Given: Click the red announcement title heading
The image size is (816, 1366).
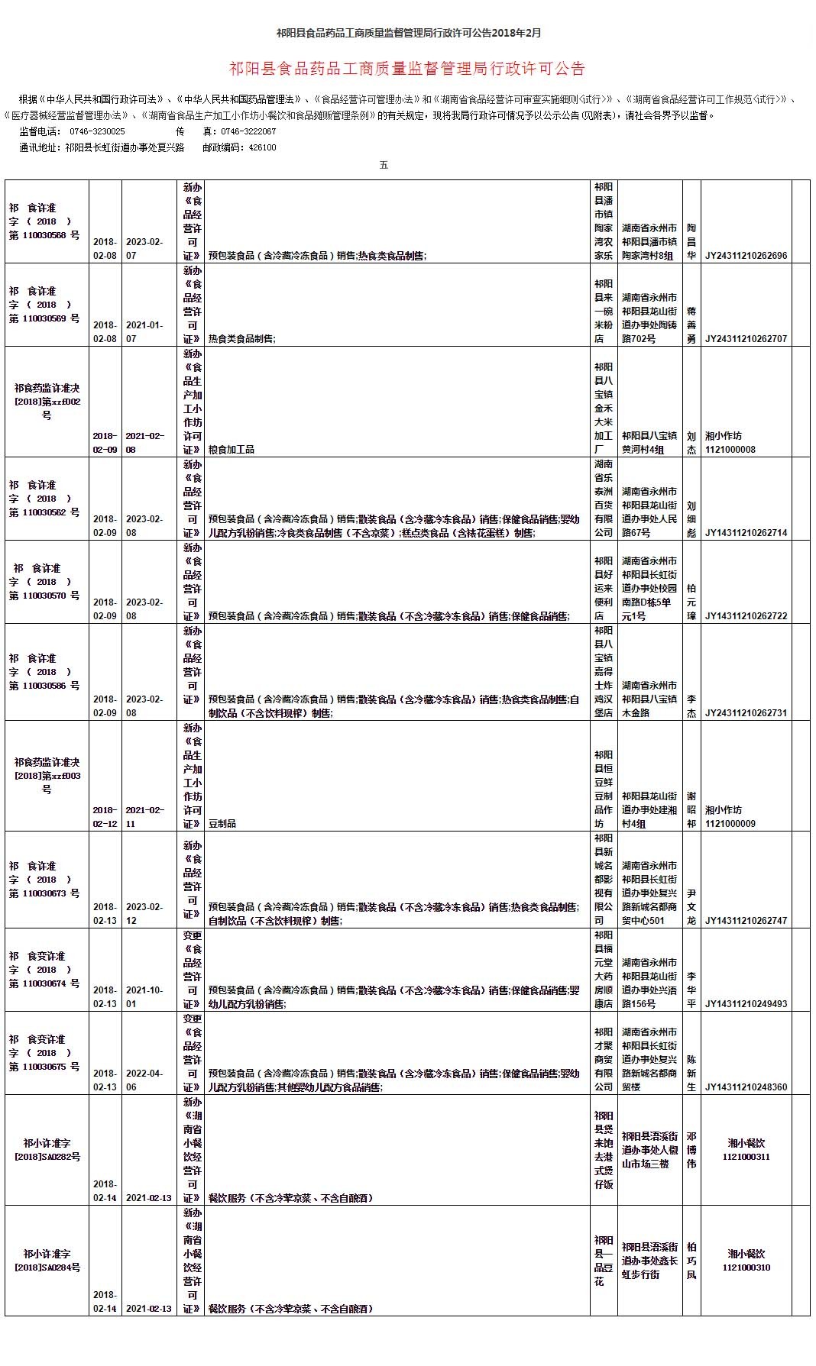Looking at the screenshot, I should (x=407, y=69).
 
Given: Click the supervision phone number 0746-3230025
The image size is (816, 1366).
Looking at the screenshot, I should (x=97, y=131).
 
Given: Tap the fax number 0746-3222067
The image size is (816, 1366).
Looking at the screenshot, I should (x=248, y=131).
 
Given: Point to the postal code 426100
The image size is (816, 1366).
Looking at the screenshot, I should (x=261, y=148).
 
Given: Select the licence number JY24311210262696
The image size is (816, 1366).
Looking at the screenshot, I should (x=746, y=256).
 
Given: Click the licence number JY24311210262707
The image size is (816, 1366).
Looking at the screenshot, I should (x=746, y=339).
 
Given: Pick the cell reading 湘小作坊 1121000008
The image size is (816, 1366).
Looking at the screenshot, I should (x=730, y=443).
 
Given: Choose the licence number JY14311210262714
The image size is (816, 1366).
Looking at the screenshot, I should (x=746, y=533).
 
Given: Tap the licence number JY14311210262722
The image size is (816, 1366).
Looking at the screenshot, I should (x=746, y=616).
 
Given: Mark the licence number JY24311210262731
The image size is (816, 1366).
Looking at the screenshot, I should (x=746, y=713).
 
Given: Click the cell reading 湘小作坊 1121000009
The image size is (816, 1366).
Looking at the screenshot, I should (x=730, y=817).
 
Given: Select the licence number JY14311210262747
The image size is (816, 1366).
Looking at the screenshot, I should (x=746, y=921).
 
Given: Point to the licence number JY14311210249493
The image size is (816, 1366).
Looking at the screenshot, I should (x=746, y=1004).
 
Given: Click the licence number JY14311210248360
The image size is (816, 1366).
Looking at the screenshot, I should (x=746, y=1087).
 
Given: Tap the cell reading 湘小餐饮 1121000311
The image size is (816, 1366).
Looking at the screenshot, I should (x=746, y=1150).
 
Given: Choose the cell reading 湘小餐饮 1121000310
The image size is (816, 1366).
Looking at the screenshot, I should (x=746, y=1261).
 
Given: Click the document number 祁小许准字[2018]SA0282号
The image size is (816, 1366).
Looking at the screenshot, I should (x=47, y=1150).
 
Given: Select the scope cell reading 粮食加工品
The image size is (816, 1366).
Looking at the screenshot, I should (x=232, y=450).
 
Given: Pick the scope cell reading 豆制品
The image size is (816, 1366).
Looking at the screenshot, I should (x=222, y=824).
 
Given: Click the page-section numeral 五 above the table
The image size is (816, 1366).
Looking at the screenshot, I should (x=384, y=165).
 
